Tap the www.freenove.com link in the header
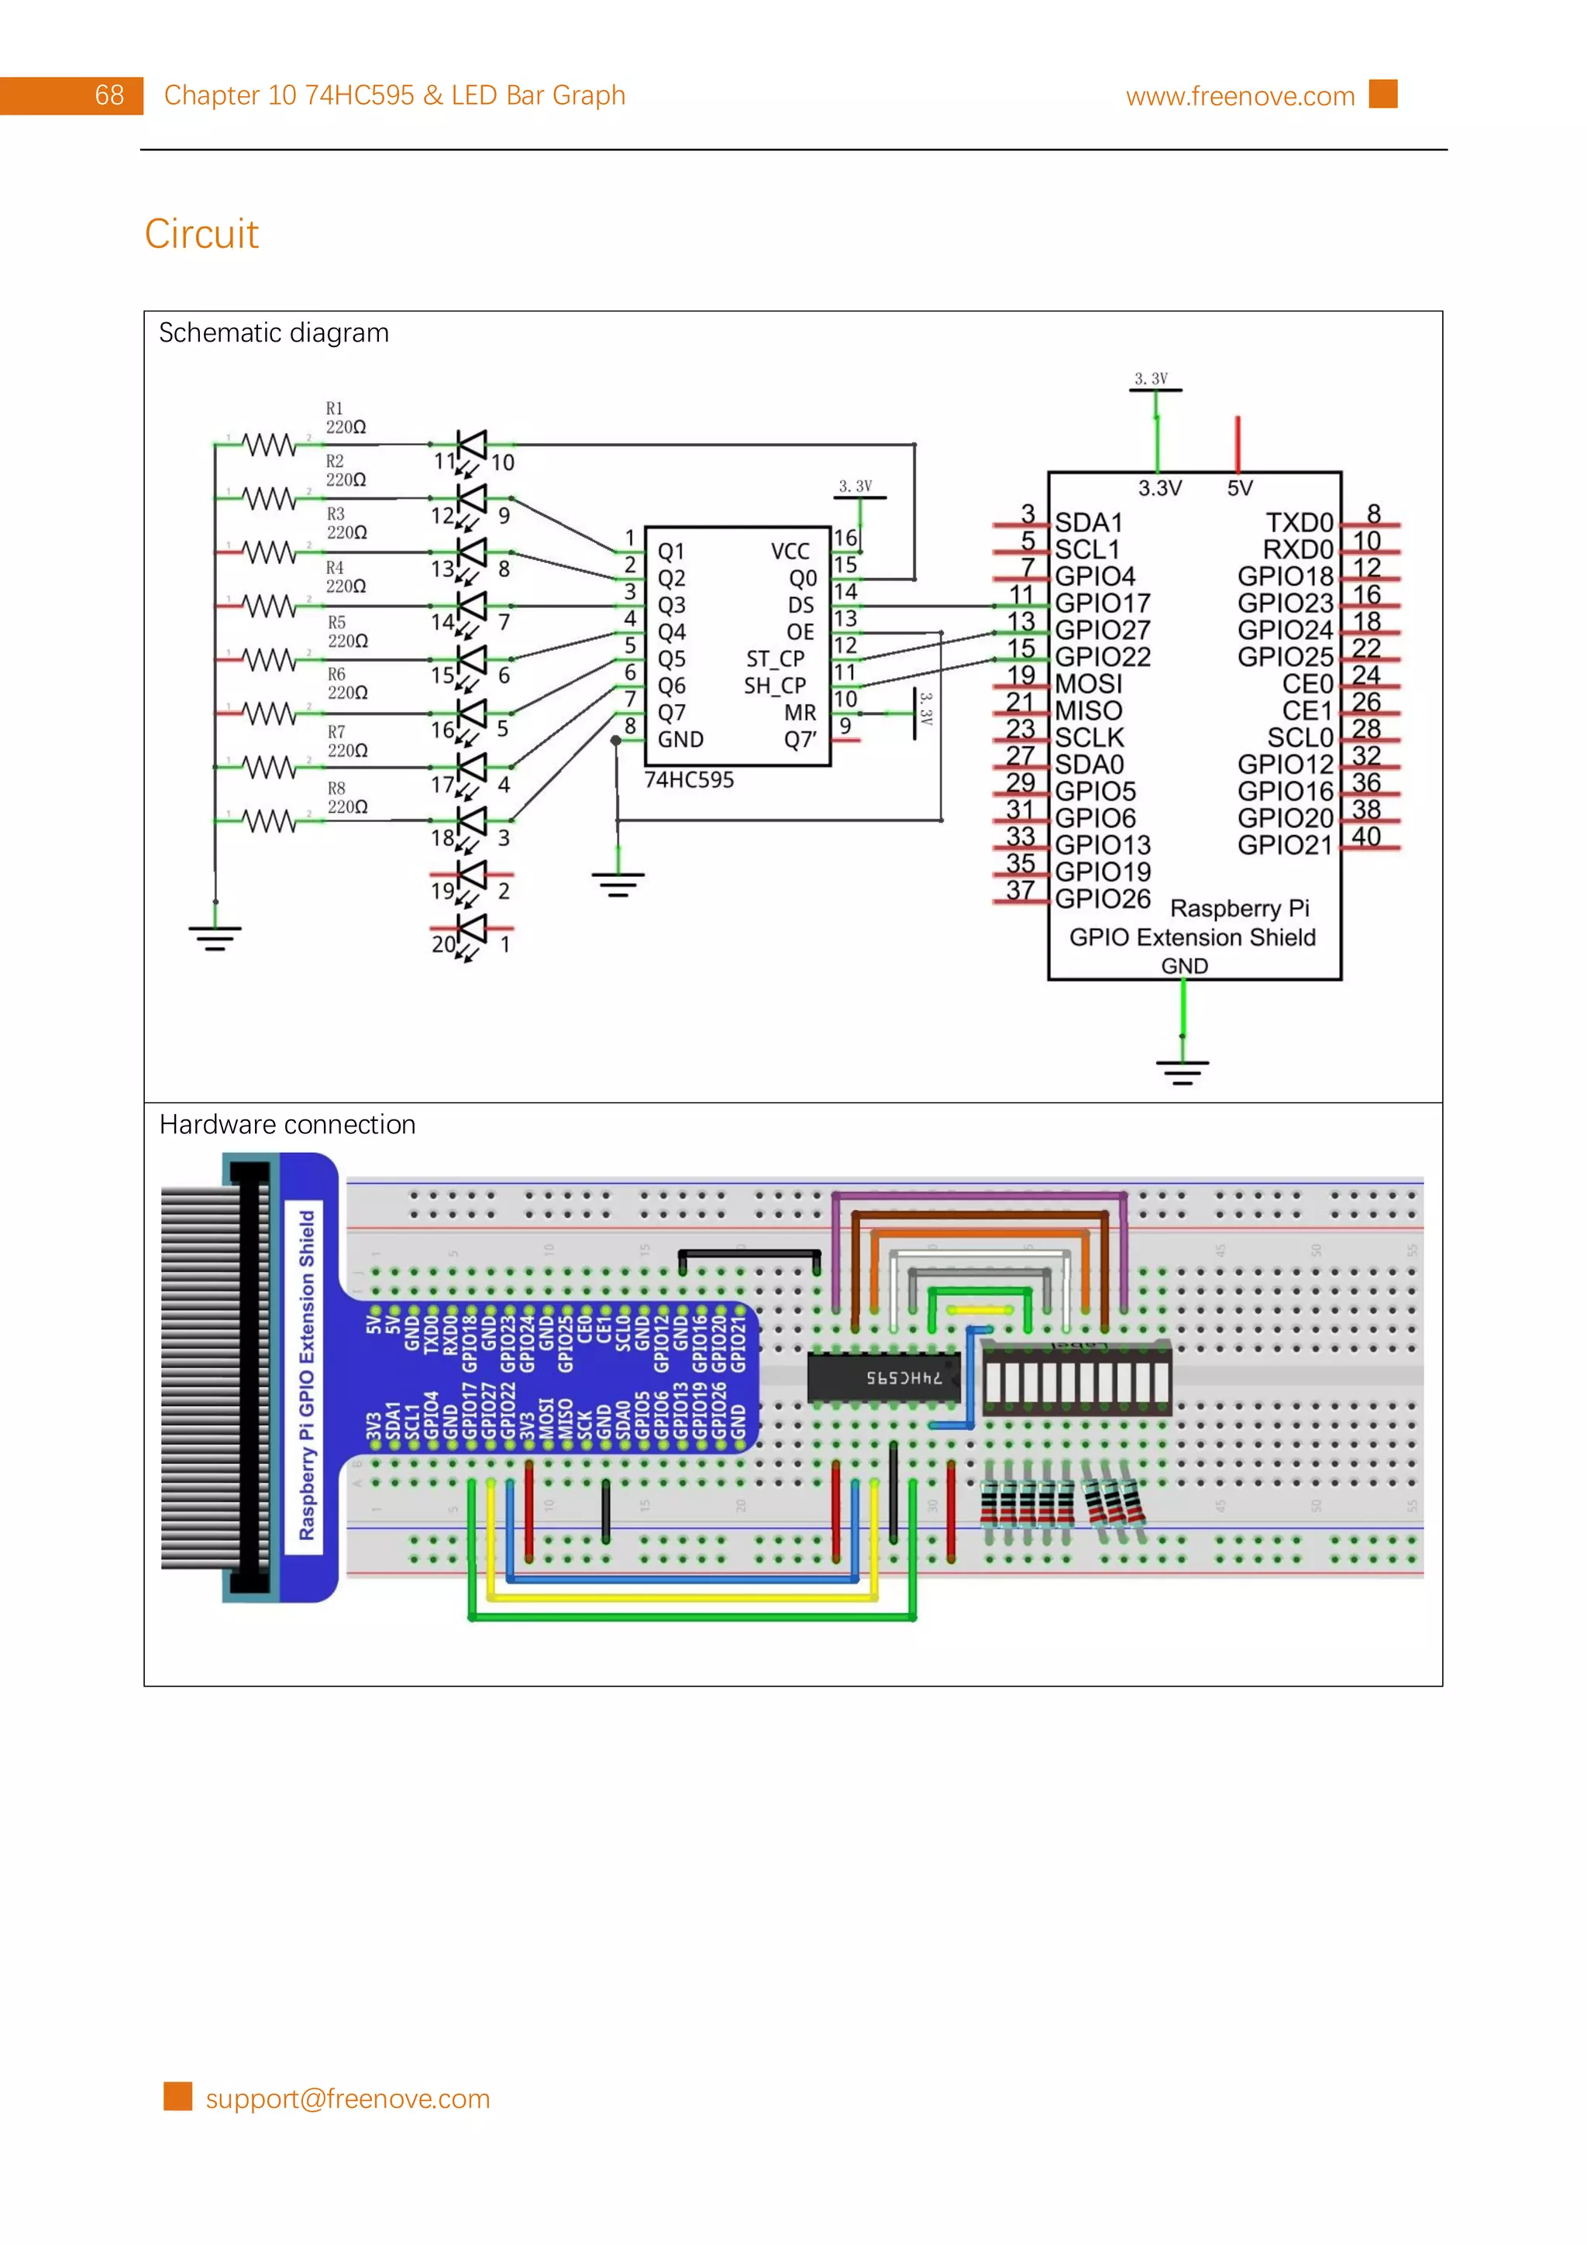click(1239, 96)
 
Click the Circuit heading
click(201, 234)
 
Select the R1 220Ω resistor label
click(344, 418)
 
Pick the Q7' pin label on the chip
click(800, 739)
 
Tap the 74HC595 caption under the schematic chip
click(688, 779)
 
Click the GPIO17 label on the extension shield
click(1102, 603)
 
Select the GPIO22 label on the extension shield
click(1102, 656)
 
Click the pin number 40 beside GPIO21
click(1365, 836)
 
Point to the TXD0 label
click(1299, 522)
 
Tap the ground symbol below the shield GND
click(1183, 1071)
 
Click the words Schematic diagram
click(274, 333)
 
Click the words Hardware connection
click(287, 1125)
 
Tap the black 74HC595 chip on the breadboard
click(883, 1377)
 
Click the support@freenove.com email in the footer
click(347, 2099)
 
